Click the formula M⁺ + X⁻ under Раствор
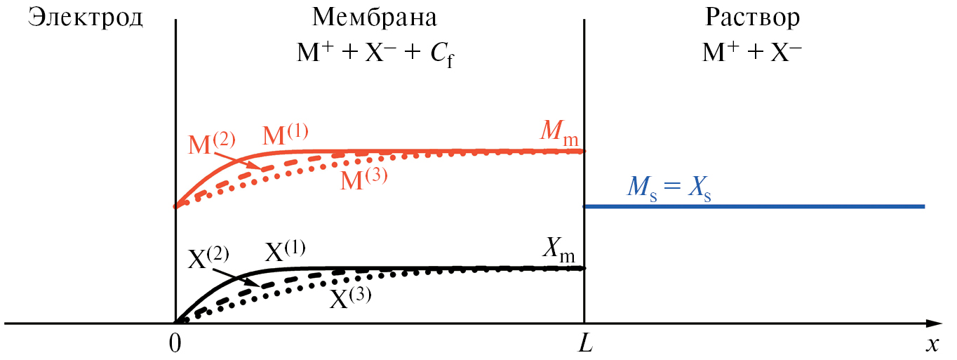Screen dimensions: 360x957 751,54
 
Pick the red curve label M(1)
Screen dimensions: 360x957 286,135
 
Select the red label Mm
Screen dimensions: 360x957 559,131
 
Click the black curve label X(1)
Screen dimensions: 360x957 285,251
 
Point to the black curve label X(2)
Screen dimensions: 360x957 209,258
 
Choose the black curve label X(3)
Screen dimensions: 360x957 351,298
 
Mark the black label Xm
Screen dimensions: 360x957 562,248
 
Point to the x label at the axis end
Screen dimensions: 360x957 932,345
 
